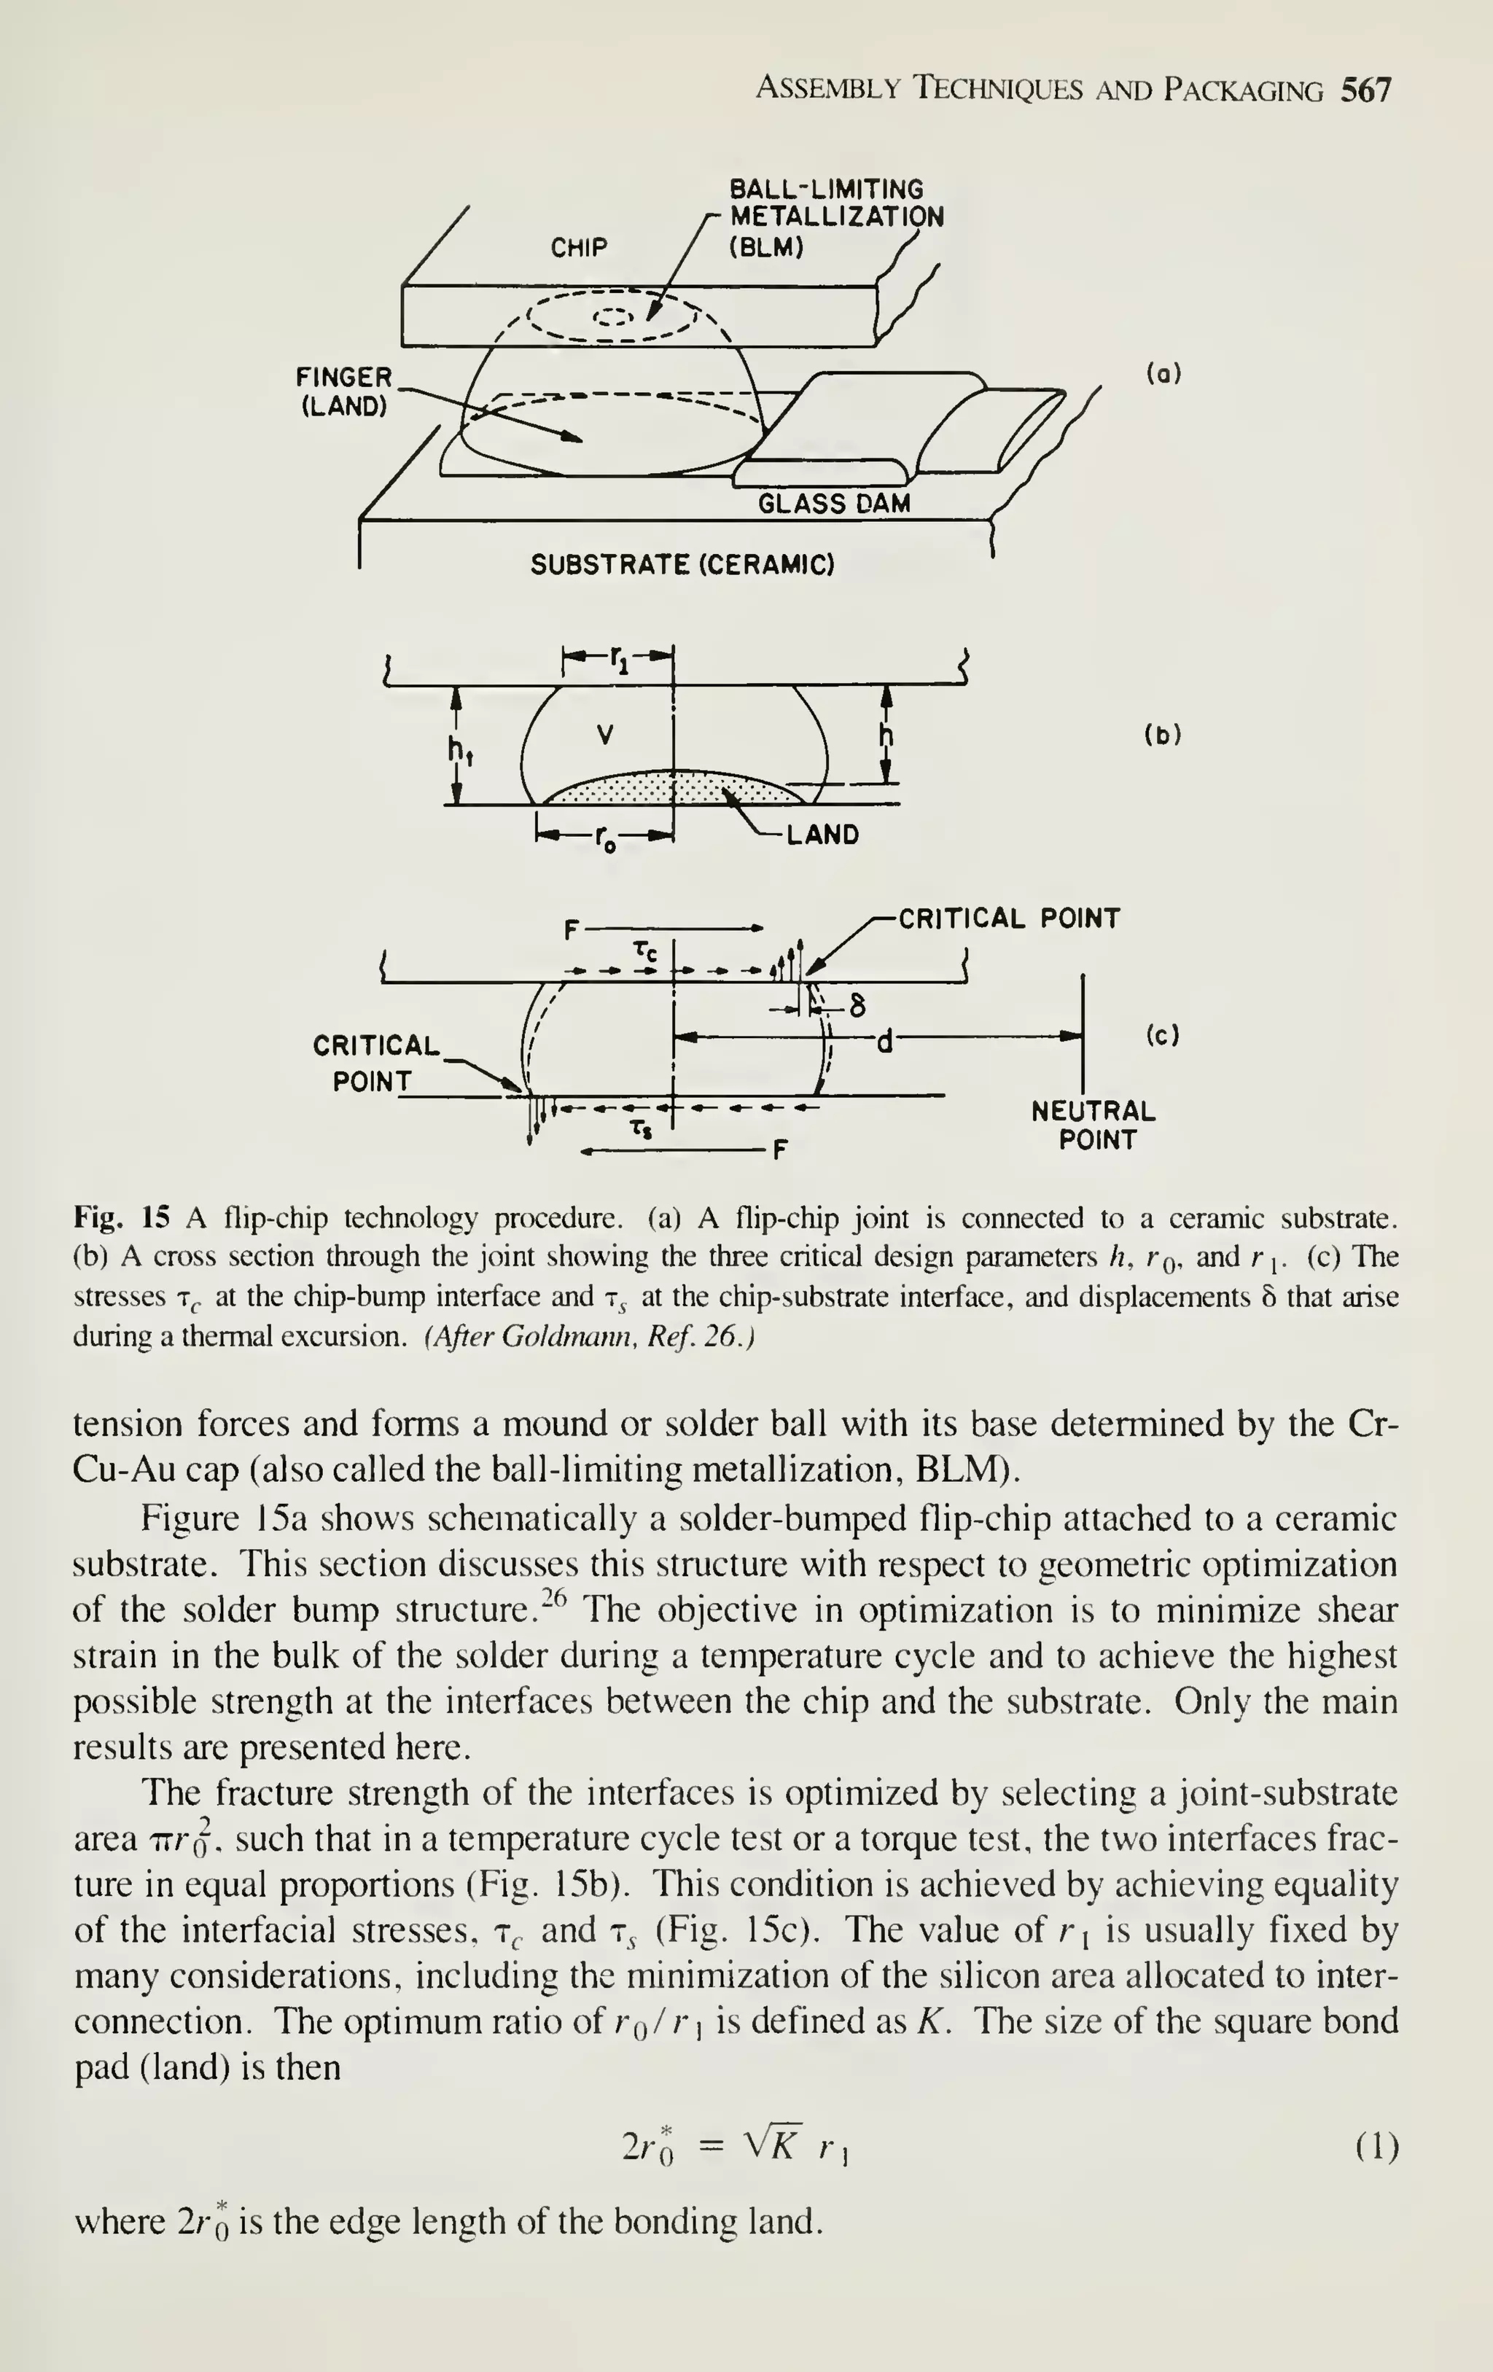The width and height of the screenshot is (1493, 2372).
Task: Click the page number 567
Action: click(x=1366, y=90)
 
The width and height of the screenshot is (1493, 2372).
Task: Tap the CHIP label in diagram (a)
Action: click(x=579, y=247)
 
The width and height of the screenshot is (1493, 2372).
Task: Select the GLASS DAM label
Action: click(x=833, y=504)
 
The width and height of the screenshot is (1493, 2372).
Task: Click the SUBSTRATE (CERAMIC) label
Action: click(x=682, y=566)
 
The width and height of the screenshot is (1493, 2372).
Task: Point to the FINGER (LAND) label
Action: click(x=343, y=391)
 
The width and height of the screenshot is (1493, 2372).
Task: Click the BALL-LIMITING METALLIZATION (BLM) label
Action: click(x=835, y=218)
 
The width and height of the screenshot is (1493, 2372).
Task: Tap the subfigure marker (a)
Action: click(x=1163, y=375)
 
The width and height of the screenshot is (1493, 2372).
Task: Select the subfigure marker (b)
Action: click(x=1163, y=735)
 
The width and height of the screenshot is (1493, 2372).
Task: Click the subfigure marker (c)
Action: click(x=1163, y=1035)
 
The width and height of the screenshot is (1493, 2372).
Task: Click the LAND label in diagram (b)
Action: click(x=822, y=835)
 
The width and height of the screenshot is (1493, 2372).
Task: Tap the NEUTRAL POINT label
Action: click(x=1094, y=1125)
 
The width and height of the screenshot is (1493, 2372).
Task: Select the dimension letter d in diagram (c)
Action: click(x=885, y=1039)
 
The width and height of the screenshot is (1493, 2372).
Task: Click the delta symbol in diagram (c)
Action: click(x=858, y=1006)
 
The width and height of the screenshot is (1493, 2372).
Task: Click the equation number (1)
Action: click(x=1376, y=2145)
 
